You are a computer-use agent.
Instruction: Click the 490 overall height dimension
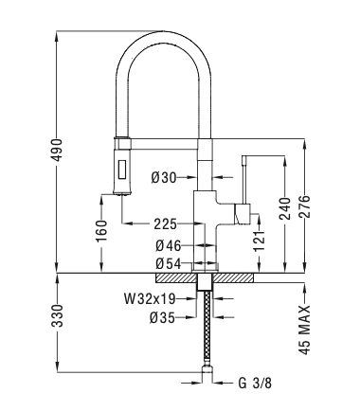coord(58,150)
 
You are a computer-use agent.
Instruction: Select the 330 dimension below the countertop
coord(58,315)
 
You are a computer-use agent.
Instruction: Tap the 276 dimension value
coord(305,206)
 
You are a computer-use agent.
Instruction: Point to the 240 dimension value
coord(285,209)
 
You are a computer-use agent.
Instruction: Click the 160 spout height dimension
coord(101,231)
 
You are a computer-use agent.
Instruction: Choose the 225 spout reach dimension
coord(165,224)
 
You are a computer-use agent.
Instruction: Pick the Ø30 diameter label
coord(164,178)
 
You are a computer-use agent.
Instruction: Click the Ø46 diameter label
coord(169,246)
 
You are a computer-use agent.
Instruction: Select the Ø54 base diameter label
coord(169,264)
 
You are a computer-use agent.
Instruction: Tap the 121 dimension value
coord(260,241)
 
